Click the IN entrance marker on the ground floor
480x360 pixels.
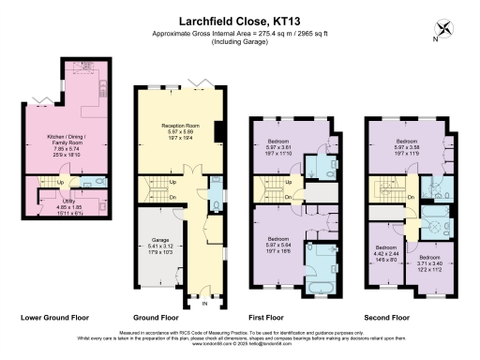[x=202, y=303]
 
